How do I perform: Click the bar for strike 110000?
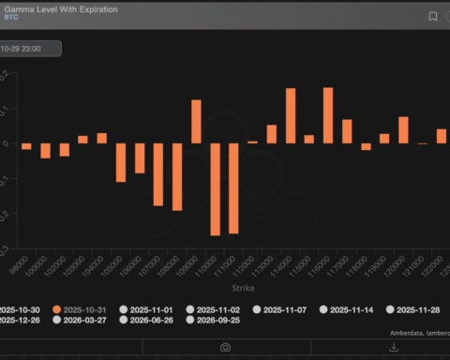point(215,188)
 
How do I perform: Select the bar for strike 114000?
point(291,115)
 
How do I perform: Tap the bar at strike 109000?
point(196,121)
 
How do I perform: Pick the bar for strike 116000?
point(328,114)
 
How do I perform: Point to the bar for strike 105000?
point(121,162)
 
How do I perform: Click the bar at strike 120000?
point(403,129)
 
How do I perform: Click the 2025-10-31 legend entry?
point(88,308)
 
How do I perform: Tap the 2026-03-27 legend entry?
point(91,320)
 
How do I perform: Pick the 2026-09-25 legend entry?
point(224,320)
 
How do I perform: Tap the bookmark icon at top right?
point(432,16)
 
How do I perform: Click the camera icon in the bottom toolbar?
point(225,347)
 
